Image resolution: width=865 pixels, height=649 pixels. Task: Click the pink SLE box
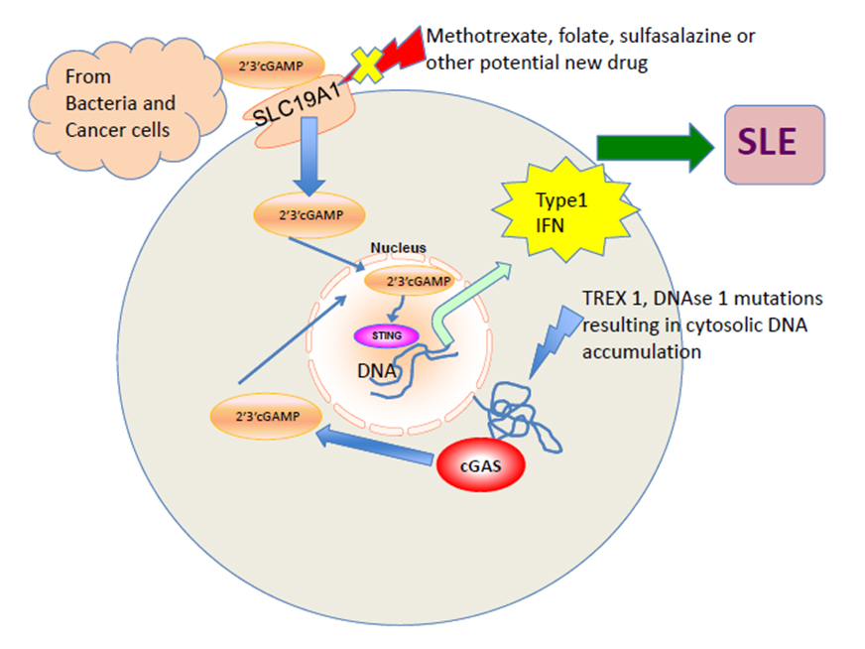click(x=774, y=144)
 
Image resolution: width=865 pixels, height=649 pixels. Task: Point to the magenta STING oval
click(x=388, y=336)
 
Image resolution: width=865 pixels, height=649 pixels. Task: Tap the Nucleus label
click(x=398, y=247)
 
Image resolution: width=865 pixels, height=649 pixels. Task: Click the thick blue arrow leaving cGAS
click(x=377, y=447)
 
